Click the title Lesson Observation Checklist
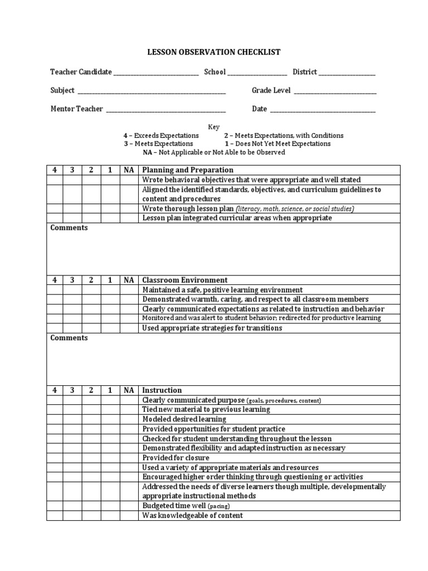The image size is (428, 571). coord(214,52)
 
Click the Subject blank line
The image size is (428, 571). coord(152,91)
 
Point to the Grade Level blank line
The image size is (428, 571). coord(335,91)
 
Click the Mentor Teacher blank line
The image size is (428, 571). coord(166,110)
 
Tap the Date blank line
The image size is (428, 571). coord(323,110)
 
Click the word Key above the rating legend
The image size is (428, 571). coord(214,127)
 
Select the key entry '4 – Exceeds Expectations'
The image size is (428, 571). coord(161,136)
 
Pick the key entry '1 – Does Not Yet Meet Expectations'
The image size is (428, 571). coord(274,144)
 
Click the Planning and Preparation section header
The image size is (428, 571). coord(188,170)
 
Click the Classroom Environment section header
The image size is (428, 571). coord(185,280)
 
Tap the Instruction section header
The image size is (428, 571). coord(162,390)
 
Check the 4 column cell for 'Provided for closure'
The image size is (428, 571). coord(55,458)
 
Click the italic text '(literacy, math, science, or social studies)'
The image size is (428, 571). coord(295,209)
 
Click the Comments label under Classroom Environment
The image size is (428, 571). coord(69,338)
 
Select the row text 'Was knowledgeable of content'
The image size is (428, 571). coord(193,516)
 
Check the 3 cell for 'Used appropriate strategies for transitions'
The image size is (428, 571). coord(72,328)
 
